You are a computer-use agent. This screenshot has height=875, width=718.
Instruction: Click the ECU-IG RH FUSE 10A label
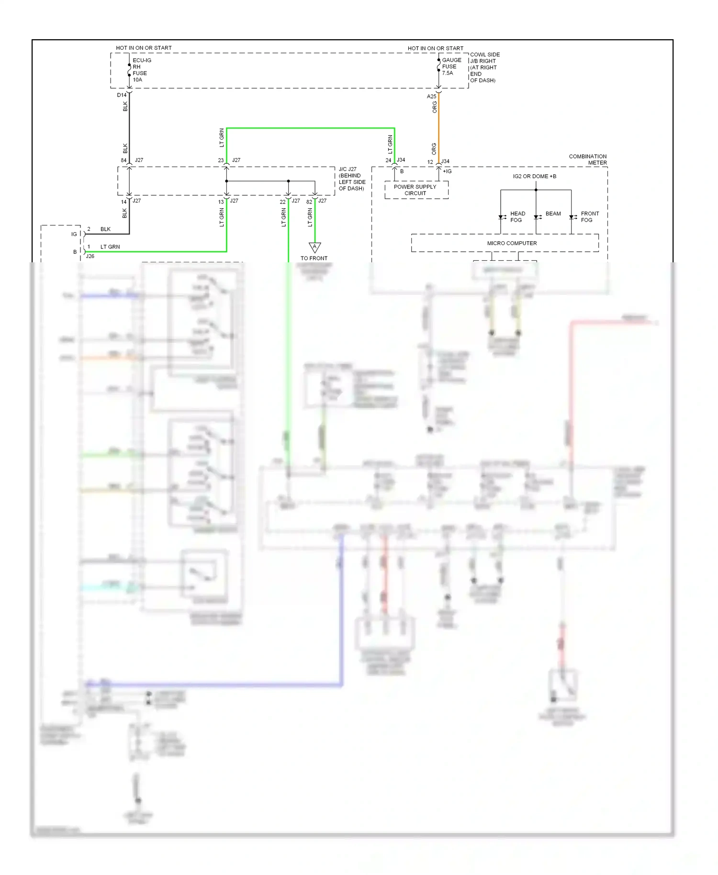pos(142,70)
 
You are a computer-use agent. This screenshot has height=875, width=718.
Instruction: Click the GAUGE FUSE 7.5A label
pos(451,67)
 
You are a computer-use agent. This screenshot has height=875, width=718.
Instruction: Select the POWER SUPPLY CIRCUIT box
pos(415,190)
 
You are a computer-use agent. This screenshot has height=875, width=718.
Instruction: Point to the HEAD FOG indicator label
pos(517,217)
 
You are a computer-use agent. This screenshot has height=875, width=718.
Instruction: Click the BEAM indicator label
pos(553,213)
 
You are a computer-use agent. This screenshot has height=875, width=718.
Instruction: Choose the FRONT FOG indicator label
pos(589,217)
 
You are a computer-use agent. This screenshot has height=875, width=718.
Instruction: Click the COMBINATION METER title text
pos(587,159)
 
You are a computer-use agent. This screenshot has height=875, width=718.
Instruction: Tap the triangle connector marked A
pos(314,247)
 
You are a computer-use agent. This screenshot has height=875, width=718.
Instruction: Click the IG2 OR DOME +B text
pos(534,176)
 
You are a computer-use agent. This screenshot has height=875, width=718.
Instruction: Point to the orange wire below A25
pos(438,127)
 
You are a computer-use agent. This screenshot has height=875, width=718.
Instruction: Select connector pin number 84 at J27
pos(123,160)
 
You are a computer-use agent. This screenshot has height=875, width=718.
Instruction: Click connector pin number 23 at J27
pos(221,160)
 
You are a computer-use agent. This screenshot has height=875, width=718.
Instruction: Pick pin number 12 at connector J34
pos(430,162)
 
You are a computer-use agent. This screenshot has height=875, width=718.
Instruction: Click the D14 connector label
pos(122,95)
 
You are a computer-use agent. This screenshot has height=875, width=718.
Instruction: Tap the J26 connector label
pos(90,256)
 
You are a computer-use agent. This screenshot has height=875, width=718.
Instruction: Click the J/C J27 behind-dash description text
pos(352,179)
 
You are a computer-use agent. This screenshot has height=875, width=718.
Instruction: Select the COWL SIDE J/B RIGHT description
pos(484,67)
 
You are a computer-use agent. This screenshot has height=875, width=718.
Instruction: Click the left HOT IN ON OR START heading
pos(144,48)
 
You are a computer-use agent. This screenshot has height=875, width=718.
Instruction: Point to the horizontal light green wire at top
pos(310,128)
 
